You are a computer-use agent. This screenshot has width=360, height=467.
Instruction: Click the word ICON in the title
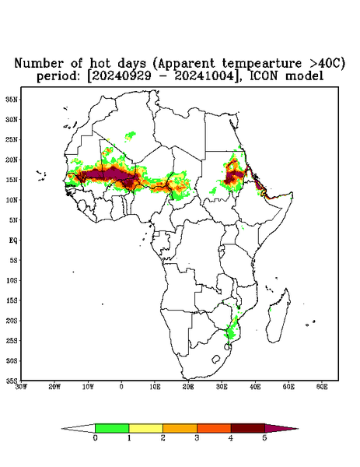[x=264, y=76]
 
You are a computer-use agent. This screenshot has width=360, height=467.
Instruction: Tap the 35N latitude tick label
[x=11, y=100]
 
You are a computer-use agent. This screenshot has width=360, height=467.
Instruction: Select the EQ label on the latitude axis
[x=12, y=240]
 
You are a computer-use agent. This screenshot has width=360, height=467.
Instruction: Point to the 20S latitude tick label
[x=12, y=321]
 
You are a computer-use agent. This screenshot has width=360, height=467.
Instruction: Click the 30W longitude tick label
[x=21, y=387]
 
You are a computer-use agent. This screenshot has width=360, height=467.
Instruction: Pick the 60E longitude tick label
[x=322, y=387]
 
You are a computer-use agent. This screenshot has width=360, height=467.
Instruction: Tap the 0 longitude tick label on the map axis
[x=121, y=387]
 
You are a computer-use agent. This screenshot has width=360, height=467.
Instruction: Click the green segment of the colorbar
[x=112, y=428]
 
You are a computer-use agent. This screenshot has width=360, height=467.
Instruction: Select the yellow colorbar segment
[x=145, y=428]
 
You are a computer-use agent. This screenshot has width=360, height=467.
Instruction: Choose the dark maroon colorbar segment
[x=248, y=428]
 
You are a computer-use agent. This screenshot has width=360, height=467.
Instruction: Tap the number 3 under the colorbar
[x=197, y=438]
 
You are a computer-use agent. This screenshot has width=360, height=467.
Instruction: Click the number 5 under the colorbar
[x=264, y=438]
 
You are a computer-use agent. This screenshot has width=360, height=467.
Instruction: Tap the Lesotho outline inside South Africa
[x=216, y=359]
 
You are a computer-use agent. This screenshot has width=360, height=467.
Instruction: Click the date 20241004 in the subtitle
[x=204, y=76]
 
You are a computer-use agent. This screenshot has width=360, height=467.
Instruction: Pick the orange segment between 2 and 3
[x=180, y=428]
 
